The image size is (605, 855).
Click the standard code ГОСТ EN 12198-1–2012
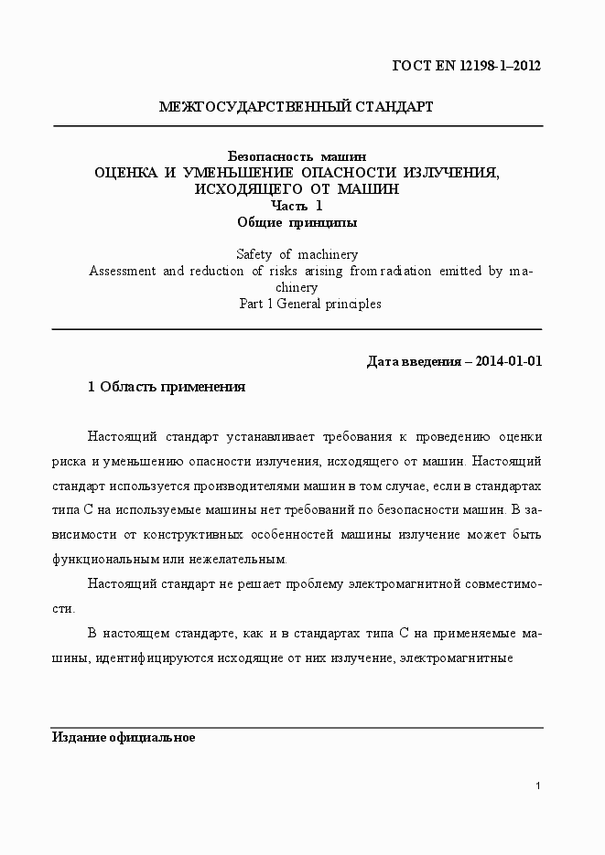467,65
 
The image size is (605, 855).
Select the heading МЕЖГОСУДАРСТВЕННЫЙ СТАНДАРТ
296,107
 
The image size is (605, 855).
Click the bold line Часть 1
297,206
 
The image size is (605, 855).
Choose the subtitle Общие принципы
297,221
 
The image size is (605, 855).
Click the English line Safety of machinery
297,254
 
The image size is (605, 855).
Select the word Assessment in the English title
122,271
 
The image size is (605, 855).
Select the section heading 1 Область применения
167,387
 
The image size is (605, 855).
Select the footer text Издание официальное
123,737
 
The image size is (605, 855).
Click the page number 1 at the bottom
539,786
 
